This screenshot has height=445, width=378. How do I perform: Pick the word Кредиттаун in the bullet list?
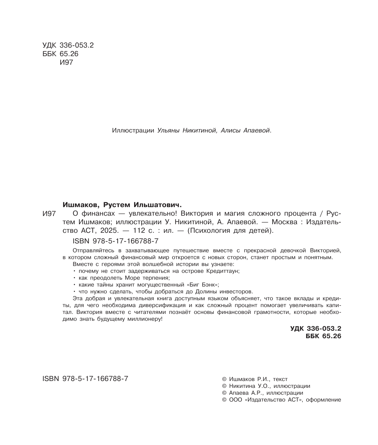coord(223,271)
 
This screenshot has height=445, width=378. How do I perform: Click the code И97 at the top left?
coord(66,62)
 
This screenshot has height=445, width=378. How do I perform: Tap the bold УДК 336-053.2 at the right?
coord(315,328)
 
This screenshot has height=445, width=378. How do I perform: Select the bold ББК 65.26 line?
coord(320,336)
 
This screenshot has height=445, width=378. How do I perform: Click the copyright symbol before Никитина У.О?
coord(224,386)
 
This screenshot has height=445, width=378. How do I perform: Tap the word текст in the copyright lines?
coord(280,379)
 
